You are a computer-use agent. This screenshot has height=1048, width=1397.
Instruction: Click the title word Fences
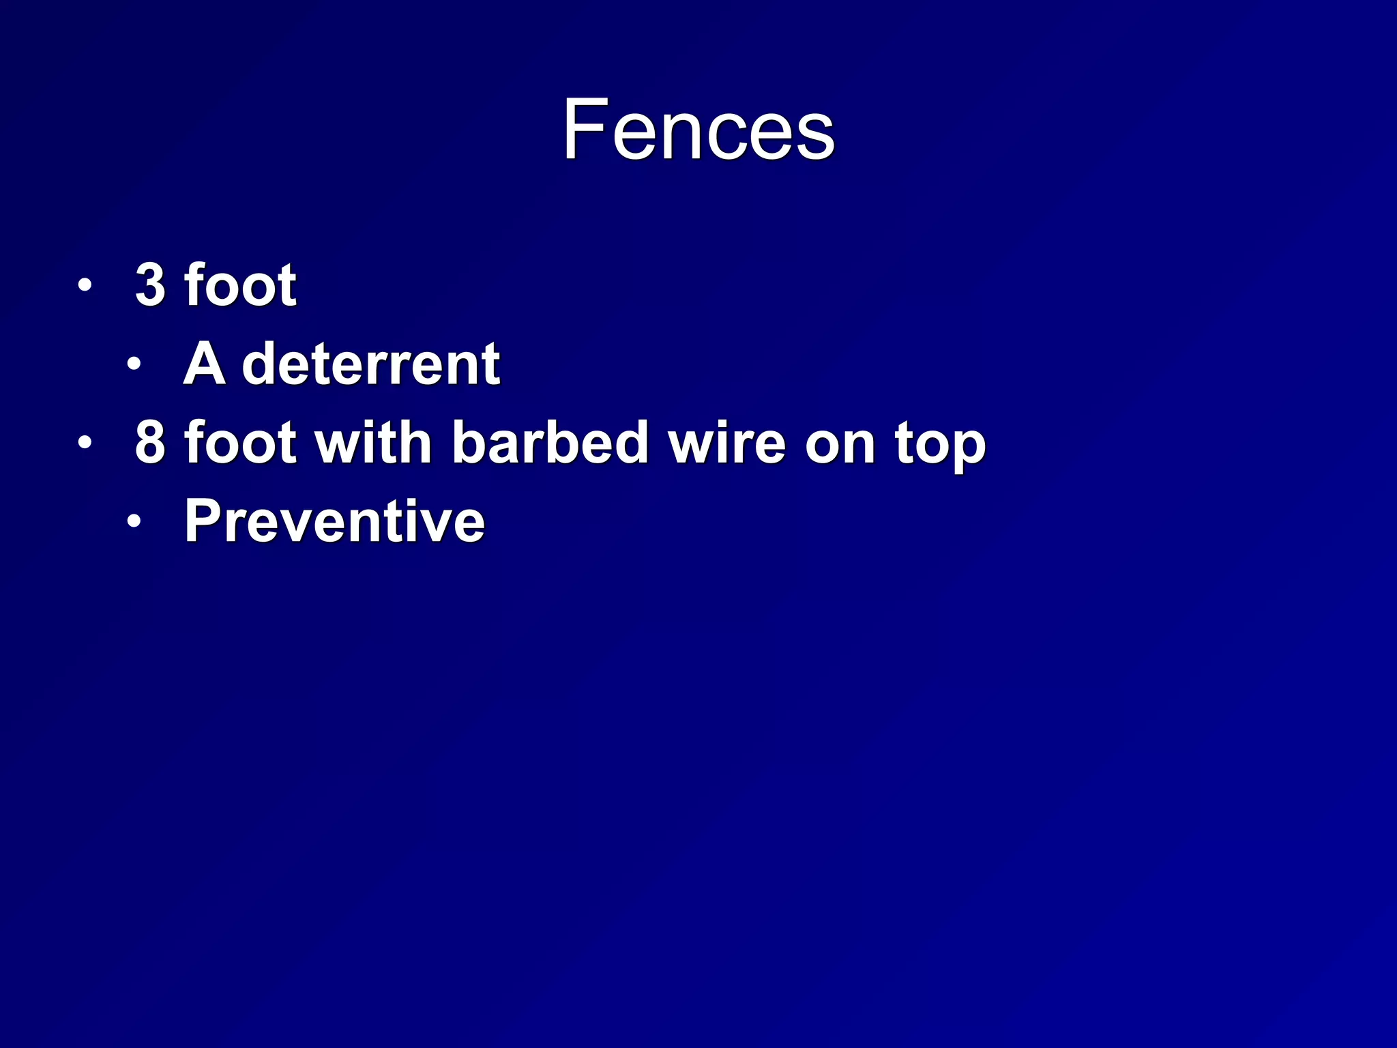(698, 130)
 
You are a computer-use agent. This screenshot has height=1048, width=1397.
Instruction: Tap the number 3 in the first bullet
(151, 285)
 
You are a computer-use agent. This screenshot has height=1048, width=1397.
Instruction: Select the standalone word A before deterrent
(204, 364)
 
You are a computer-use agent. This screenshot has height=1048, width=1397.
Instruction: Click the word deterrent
(372, 364)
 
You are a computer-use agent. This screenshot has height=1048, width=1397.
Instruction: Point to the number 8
(151, 442)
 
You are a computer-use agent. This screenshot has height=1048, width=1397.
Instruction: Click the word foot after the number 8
(241, 441)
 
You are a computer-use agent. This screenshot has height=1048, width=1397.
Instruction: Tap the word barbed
(550, 441)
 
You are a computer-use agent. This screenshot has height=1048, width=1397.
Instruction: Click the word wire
(727, 443)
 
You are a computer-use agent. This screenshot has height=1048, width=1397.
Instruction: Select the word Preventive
(335, 521)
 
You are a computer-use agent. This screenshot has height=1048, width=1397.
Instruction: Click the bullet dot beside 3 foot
(84, 285)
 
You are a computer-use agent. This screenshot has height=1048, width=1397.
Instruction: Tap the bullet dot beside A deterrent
(134, 364)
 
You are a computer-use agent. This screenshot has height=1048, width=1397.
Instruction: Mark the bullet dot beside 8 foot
(84, 443)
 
